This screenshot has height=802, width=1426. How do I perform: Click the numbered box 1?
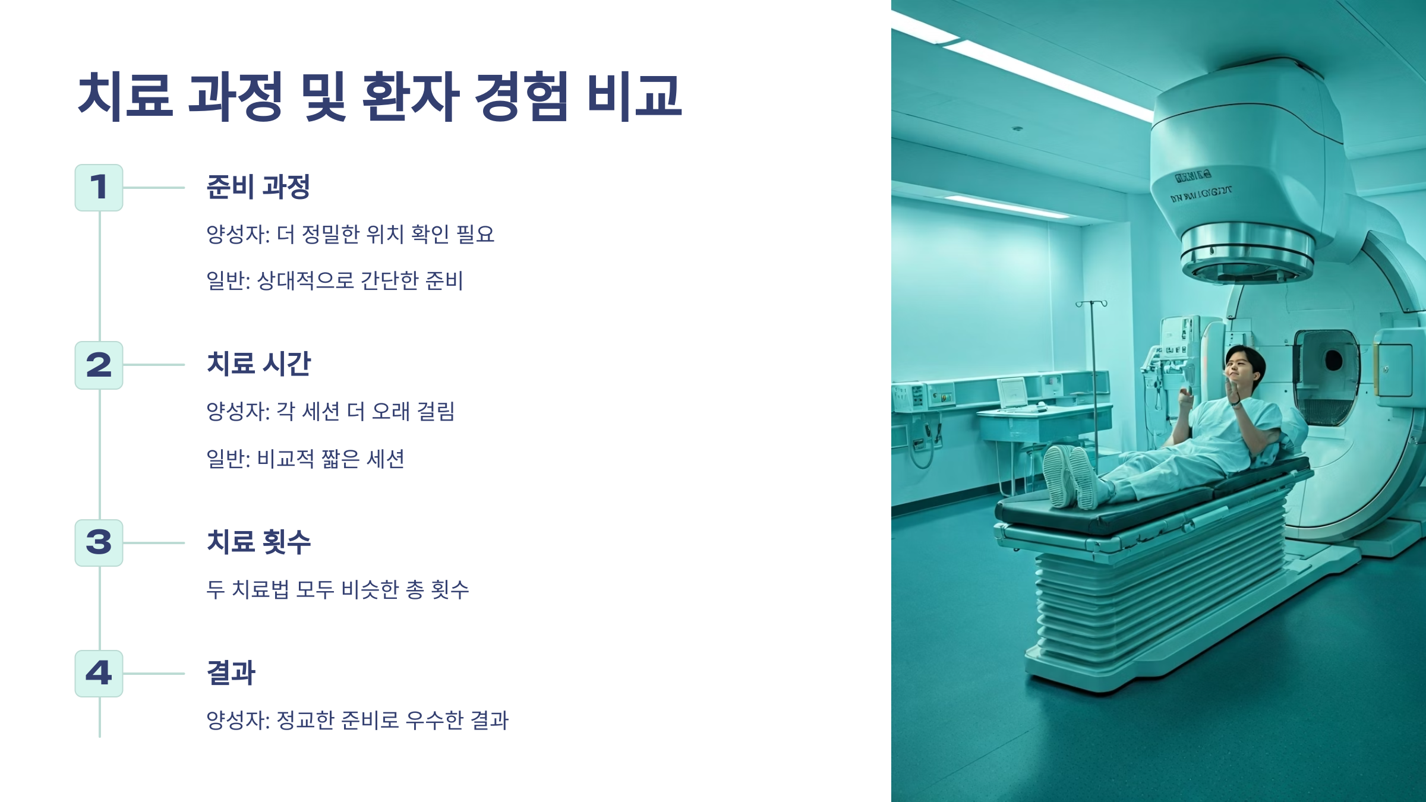click(99, 188)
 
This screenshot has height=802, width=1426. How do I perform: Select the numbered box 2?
click(99, 365)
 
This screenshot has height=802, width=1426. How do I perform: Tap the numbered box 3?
click(99, 542)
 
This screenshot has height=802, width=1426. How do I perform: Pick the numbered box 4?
click(99, 673)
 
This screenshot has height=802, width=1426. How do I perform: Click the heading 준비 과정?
click(258, 187)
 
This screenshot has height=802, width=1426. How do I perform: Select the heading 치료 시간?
click(258, 364)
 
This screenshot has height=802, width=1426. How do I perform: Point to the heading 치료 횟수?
click(258, 542)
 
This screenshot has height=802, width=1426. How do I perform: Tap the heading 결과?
click(231, 672)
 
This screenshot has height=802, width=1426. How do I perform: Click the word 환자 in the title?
click(411, 97)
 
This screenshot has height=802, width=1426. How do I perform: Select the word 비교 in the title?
click(634, 97)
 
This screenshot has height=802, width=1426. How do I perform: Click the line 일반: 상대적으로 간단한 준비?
click(335, 280)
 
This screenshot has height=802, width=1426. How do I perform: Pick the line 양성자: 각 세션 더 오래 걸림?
click(330, 411)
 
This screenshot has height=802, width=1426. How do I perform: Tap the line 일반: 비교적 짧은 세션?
click(305, 459)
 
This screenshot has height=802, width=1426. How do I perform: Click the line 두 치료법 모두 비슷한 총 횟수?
click(337, 589)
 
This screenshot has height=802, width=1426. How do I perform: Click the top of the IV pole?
click(1091, 304)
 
